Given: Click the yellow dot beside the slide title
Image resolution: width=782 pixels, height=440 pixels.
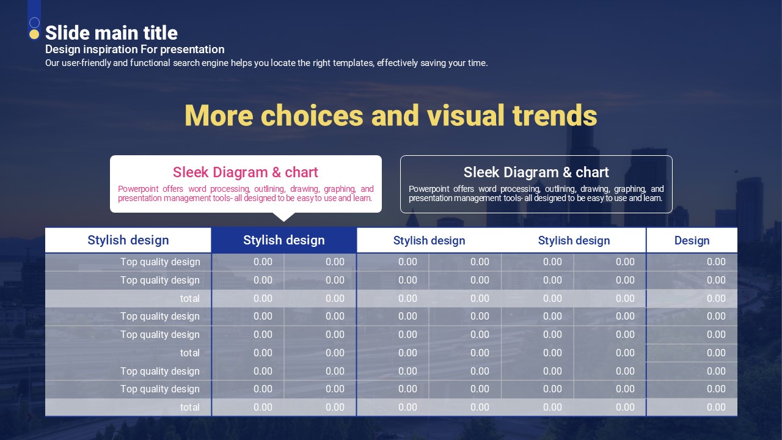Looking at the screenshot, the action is (x=34, y=34).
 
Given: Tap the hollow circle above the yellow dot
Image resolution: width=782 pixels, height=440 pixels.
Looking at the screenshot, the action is (x=34, y=23).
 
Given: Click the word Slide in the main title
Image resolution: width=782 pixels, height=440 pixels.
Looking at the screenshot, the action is (x=67, y=33).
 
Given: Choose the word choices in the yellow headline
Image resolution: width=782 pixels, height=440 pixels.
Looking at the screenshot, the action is (x=312, y=116).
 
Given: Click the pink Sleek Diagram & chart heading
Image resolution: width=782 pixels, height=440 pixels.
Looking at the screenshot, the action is (x=246, y=172).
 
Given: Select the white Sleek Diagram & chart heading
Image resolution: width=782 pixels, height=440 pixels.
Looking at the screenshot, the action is (x=536, y=172).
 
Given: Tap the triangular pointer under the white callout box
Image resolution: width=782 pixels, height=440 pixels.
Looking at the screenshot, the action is (x=284, y=217).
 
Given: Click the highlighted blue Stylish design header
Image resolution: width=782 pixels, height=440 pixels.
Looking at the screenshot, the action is (x=284, y=240).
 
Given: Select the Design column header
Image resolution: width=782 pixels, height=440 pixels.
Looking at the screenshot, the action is (x=692, y=241).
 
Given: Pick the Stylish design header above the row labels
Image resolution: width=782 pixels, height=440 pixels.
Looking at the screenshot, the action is (x=128, y=240).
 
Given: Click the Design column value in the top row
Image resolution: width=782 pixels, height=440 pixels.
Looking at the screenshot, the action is (x=716, y=262).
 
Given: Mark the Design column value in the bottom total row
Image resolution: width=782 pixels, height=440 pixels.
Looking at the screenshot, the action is (x=716, y=407).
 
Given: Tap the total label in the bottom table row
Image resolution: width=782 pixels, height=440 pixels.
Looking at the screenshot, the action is (x=190, y=407).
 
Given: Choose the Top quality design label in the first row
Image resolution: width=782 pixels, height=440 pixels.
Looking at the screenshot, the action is (x=160, y=262).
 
